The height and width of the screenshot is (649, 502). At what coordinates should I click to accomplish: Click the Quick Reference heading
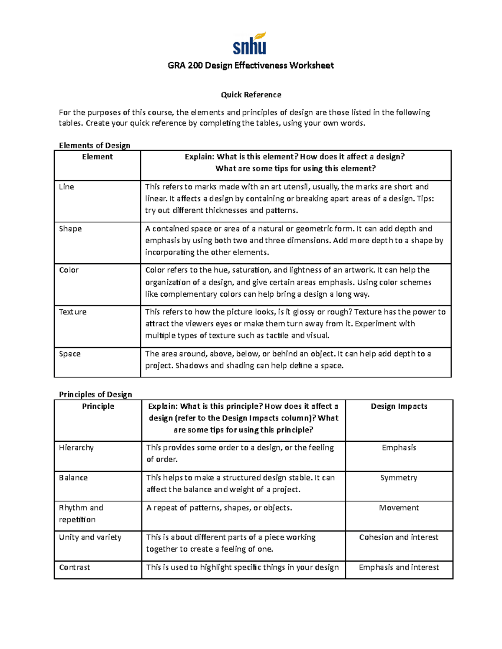click(x=251, y=95)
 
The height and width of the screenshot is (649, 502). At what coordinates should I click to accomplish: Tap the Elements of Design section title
click(x=95, y=145)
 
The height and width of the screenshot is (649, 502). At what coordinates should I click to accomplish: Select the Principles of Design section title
click(x=95, y=394)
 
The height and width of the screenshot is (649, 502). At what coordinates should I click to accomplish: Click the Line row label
click(x=67, y=187)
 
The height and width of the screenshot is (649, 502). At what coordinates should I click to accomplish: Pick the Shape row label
click(x=70, y=229)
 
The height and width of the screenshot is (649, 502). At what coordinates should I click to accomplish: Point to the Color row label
click(x=69, y=270)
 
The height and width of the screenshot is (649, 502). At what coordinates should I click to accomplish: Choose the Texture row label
click(x=73, y=312)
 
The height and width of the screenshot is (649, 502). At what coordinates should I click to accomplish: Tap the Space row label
click(x=69, y=354)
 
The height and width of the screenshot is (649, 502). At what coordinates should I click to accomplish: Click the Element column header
click(x=97, y=157)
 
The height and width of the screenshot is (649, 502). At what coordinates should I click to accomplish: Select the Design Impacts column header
click(x=399, y=406)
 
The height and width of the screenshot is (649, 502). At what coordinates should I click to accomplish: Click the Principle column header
click(x=98, y=406)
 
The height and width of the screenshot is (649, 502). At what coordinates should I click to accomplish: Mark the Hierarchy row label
click(x=76, y=448)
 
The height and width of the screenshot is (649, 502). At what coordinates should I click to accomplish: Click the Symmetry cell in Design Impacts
click(x=399, y=478)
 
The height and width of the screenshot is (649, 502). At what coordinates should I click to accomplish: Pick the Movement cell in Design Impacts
click(x=399, y=508)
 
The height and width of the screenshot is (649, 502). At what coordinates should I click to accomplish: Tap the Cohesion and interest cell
click(x=399, y=537)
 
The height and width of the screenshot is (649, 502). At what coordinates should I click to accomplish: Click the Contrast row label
click(x=74, y=568)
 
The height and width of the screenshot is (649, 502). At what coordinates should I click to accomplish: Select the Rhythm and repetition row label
click(x=81, y=514)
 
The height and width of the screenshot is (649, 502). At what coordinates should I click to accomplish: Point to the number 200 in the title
click(x=195, y=66)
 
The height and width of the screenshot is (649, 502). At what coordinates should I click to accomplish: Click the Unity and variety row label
click(x=90, y=537)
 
